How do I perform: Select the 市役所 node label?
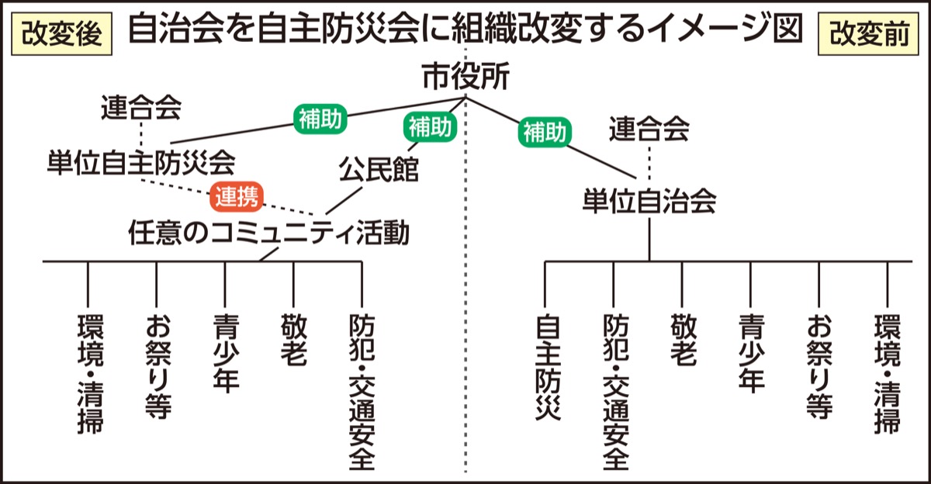tap(465, 77)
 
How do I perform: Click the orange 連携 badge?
tap(236, 198)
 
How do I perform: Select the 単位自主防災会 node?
tap(141, 162)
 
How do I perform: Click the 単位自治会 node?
tap(649, 201)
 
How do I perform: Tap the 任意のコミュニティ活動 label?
tap(268, 233)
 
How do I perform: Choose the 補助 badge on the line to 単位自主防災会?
tap(320, 119)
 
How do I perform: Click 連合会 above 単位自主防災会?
tap(141, 109)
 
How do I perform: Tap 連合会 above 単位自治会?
tap(649, 129)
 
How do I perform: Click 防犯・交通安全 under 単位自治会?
tap(614, 392)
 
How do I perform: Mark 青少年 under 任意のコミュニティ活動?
tap(225, 353)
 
